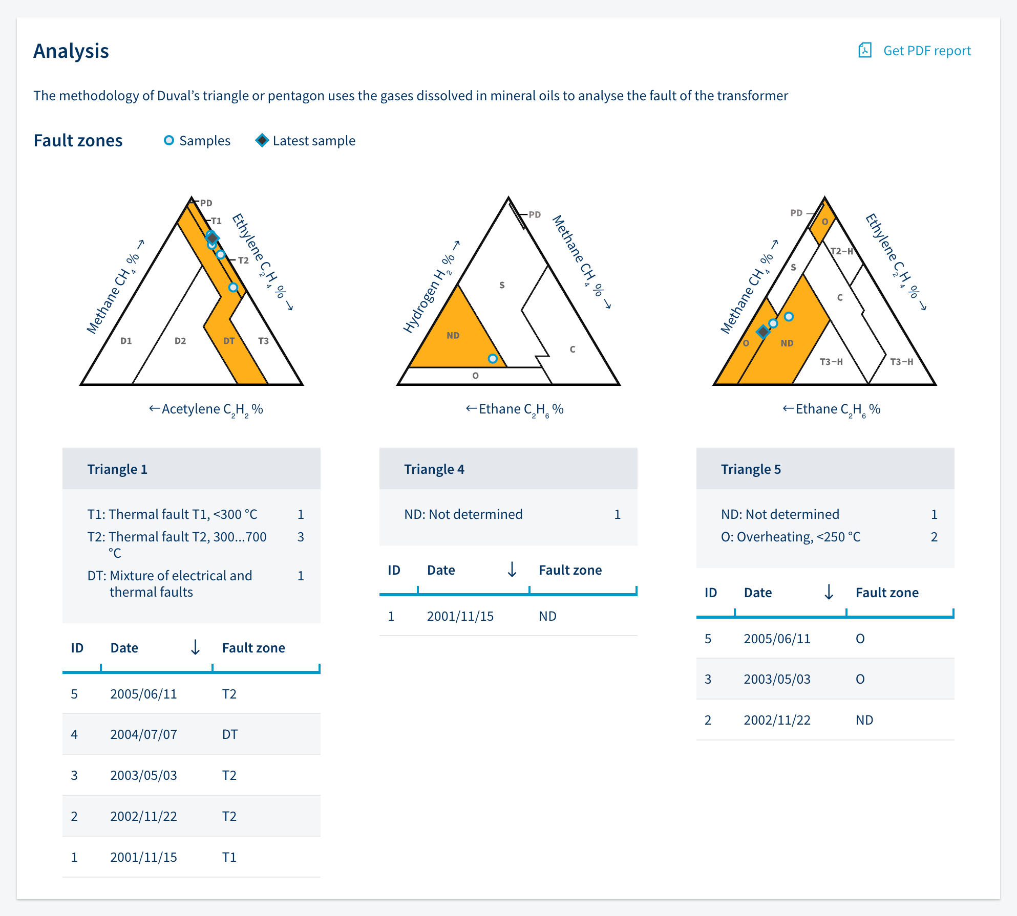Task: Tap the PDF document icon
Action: tap(865, 50)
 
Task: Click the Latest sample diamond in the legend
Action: tap(262, 140)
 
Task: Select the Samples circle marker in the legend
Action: tap(168, 140)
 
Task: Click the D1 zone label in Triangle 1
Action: tap(126, 341)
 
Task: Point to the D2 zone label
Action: tap(180, 341)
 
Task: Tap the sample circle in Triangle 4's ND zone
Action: tap(493, 359)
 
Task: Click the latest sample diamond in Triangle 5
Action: tap(763, 332)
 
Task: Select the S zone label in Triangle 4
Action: tap(502, 285)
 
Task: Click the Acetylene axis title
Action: tap(206, 409)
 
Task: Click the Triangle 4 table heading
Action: tap(434, 469)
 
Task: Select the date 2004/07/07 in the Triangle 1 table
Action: tap(143, 734)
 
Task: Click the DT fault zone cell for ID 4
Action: tap(230, 734)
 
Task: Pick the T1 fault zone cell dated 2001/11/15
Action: tap(229, 857)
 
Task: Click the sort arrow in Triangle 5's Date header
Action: tap(829, 592)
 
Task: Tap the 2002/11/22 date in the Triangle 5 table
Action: tap(777, 720)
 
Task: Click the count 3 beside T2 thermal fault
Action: tap(301, 537)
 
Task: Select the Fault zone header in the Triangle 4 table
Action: tap(570, 570)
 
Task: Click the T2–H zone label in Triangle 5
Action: tap(841, 251)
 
